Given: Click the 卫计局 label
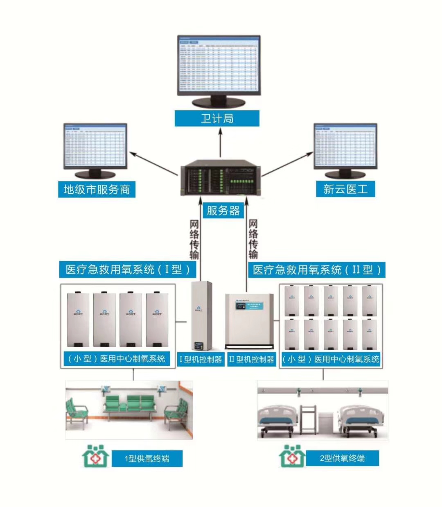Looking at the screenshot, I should pyautogui.click(x=217, y=118).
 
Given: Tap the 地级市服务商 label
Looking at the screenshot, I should pyautogui.click(x=97, y=189).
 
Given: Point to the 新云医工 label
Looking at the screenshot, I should pyautogui.click(x=345, y=189).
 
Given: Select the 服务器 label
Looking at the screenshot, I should pyautogui.click(x=223, y=210).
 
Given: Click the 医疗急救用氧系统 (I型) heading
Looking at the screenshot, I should pyautogui.click(x=128, y=269).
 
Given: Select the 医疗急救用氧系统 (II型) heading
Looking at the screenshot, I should pyautogui.click(x=317, y=270).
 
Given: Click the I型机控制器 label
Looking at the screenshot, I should pyautogui.click(x=201, y=359).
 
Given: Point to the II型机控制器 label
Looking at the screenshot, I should pyautogui.click(x=251, y=359).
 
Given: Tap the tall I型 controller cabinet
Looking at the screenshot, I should pyautogui.click(x=201, y=315).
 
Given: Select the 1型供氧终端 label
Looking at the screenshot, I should pyautogui.click(x=147, y=458).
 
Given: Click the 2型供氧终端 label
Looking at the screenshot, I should pyautogui.click(x=342, y=458).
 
